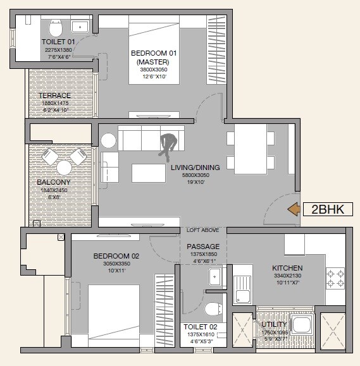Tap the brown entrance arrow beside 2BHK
(294, 210)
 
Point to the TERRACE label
(55, 95)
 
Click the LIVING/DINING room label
(195, 168)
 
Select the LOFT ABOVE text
(203, 230)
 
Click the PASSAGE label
(203, 247)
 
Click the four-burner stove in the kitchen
(335, 276)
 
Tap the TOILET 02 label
(199, 327)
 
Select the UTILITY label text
(274, 324)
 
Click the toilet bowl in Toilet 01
(56, 27)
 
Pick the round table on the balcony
(65, 168)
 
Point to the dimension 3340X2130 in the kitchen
(288, 276)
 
